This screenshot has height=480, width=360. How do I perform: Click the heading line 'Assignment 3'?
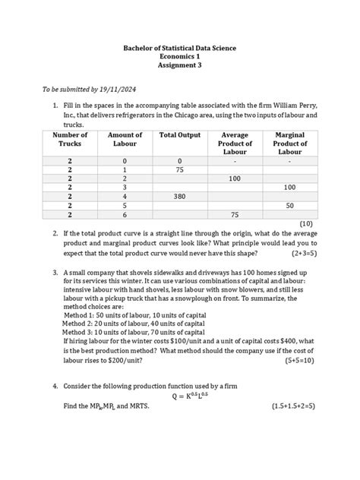pyautogui.click(x=180, y=66)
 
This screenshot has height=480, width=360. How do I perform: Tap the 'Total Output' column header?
pyautogui.click(x=180, y=135)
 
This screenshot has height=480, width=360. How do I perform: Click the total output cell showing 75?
pyautogui.click(x=180, y=170)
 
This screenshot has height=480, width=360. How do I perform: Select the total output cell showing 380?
pyautogui.click(x=180, y=195)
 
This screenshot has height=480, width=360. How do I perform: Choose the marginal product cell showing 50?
pyautogui.click(x=289, y=205)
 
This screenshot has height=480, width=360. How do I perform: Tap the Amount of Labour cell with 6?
pyautogui.click(x=125, y=215)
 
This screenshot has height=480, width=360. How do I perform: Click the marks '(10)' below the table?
pyautogui.click(x=306, y=224)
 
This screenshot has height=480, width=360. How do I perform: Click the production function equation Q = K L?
pyautogui.click(x=180, y=395)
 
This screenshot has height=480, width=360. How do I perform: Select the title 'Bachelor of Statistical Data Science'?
pyautogui.click(x=180, y=48)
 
